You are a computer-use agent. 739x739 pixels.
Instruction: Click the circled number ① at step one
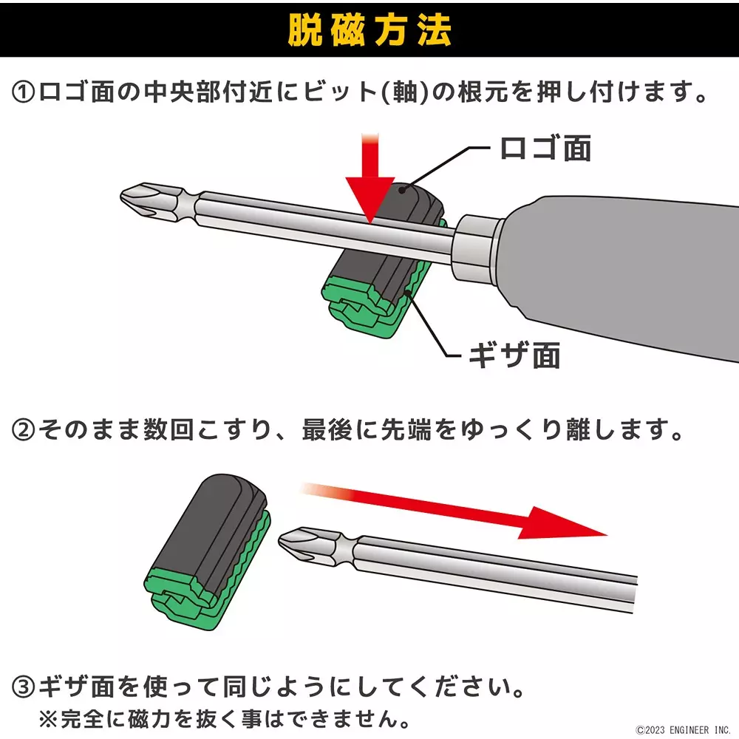24,94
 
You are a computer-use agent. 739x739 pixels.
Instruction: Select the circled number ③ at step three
24,689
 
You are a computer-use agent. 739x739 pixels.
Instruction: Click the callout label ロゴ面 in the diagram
545,149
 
